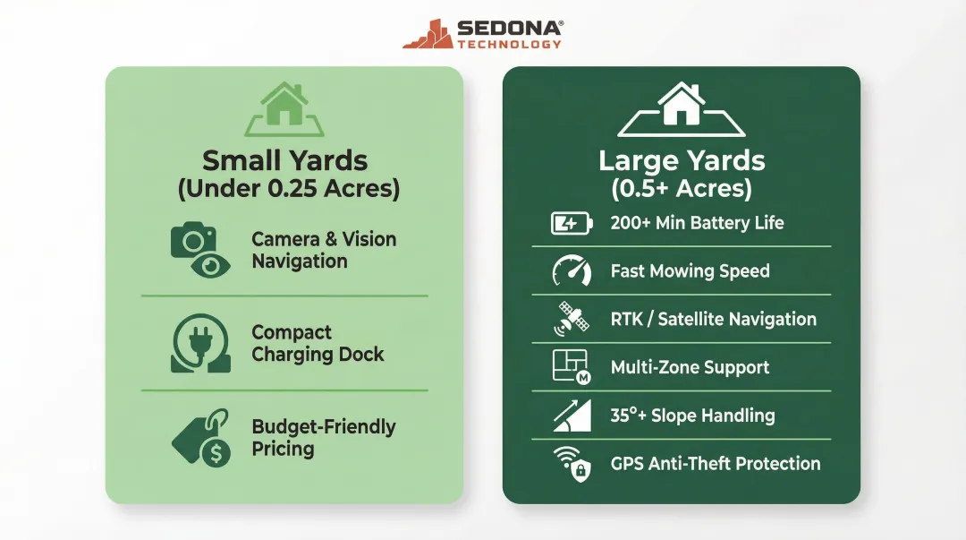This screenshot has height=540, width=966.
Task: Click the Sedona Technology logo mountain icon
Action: tap(427, 34)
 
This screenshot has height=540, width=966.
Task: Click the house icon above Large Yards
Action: tap(682, 108)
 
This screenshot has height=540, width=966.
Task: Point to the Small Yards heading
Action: tap(284, 161)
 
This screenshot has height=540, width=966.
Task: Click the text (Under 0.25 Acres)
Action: tap(287, 189)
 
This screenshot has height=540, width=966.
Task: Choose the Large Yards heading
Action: tap(682, 161)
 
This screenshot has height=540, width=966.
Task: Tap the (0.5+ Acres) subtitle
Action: tap(682, 189)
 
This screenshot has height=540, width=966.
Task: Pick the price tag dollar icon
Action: tap(200, 437)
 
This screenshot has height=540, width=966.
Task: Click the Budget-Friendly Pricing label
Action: tap(323, 438)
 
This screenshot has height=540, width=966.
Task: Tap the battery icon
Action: tap(572, 223)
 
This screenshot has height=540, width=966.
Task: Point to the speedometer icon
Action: tap(572, 271)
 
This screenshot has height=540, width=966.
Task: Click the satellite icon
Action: tap(572, 320)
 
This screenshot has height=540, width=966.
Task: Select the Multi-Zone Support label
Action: tap(690, 367)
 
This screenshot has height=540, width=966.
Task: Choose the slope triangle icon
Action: tap(572, 416)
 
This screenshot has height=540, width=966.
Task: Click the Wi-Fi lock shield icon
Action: tap(572, 464)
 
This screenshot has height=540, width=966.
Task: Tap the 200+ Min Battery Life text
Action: tap(697, 223)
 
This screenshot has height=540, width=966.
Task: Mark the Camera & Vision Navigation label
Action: tap(323, 250)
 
